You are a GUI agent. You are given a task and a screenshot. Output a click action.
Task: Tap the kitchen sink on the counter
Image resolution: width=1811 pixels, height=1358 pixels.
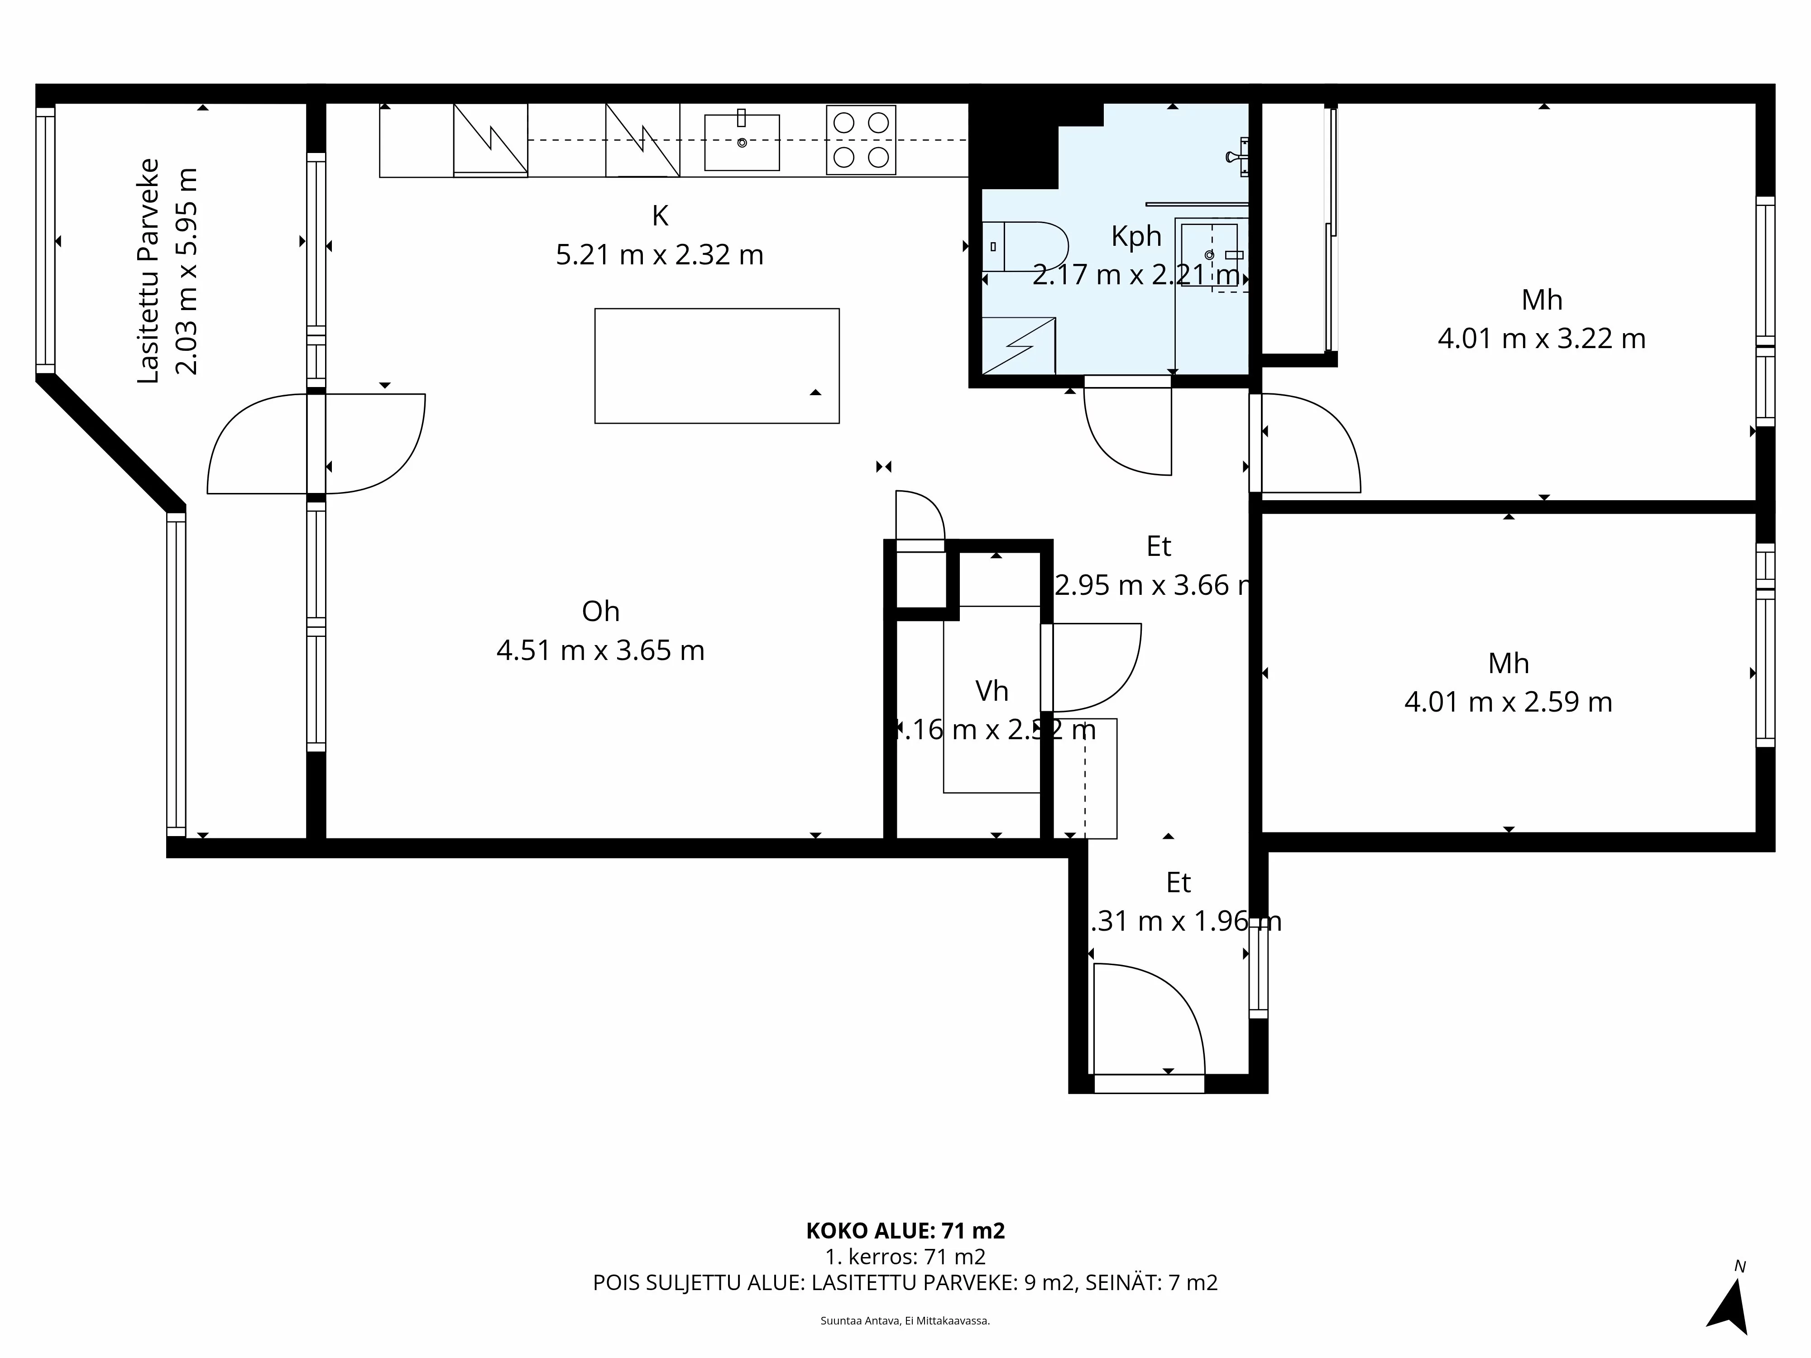(742, 143)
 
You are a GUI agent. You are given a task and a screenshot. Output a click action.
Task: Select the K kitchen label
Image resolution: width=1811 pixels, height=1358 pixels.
(660, 216)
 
